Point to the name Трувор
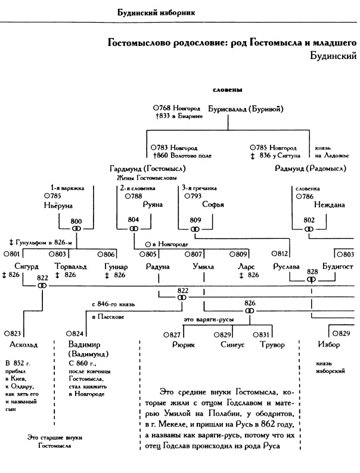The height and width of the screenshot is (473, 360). [272, 345]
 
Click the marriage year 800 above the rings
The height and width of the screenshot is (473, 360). [76, 221]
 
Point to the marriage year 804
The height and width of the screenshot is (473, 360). [134, 220]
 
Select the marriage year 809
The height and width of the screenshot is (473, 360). [195, 220]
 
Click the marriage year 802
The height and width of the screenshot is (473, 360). [309, 220]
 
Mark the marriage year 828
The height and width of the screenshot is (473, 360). [312, 271]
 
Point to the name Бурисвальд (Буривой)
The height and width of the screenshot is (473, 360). [244, 109]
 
